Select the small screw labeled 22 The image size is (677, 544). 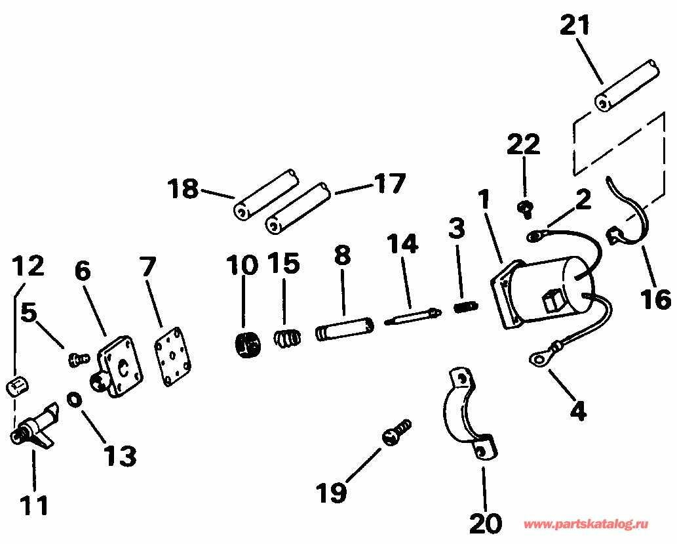524,209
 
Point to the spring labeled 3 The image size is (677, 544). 466,305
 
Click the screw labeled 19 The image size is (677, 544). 397,432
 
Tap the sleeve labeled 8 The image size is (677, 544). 343,327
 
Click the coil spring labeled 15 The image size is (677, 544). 287,339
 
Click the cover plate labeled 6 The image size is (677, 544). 117,365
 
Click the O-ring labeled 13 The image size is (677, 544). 75,400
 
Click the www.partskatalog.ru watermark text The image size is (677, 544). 587,524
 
